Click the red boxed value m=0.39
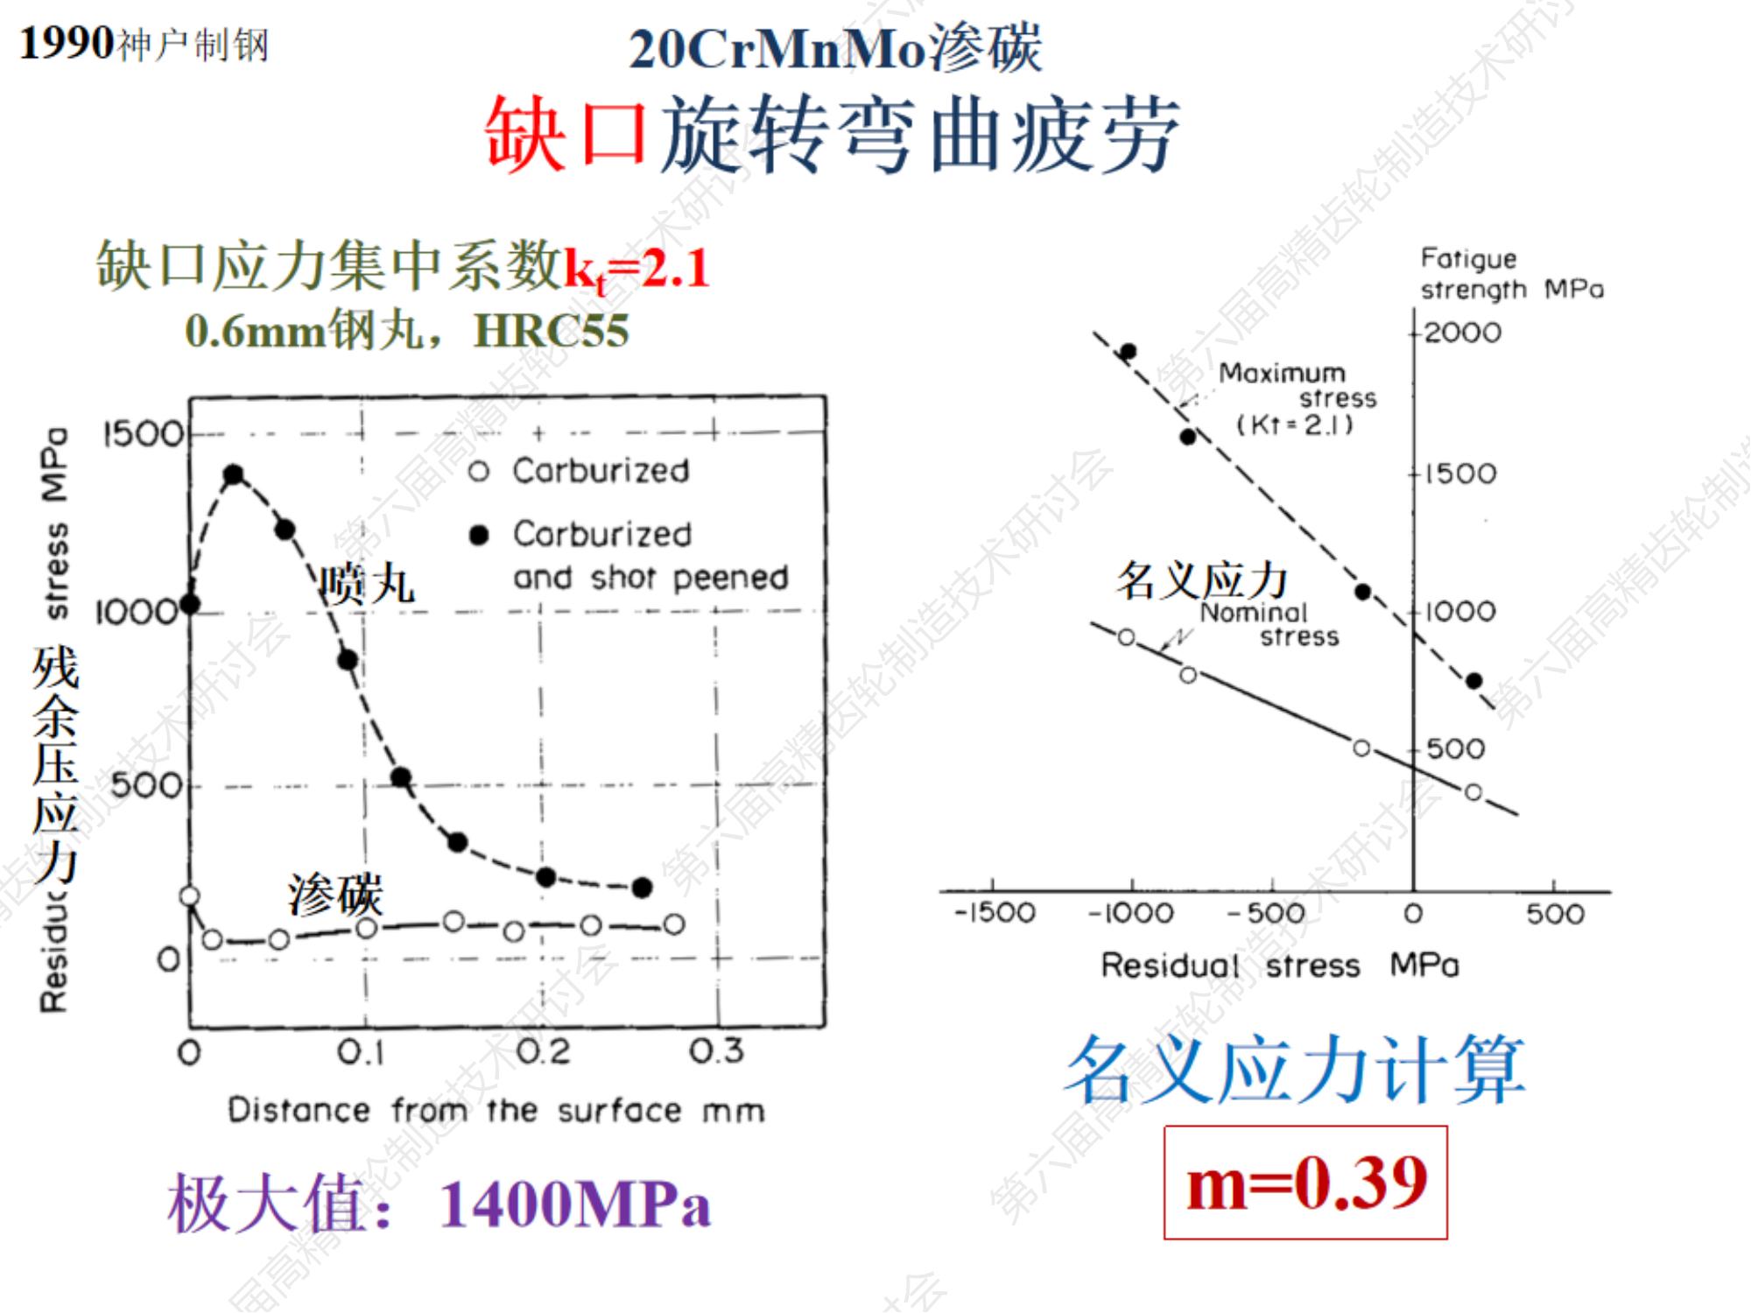pos(1305,1183)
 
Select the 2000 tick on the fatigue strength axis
pos(1462,333)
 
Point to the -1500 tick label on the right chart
pos(995,913)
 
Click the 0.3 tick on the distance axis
pos(716,1050)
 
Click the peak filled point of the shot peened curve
pos(234,475)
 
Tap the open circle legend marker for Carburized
pos(478,472)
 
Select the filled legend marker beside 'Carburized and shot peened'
pos(478,535)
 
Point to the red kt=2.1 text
pos(636,268)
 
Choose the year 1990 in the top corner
pos(67,43)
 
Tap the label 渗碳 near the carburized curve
pos(335,895)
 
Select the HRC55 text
pos(552,331)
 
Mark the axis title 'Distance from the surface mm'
pos(496,1111)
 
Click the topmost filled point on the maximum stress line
pos(1129,352)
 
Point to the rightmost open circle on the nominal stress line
pos(1473,792)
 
